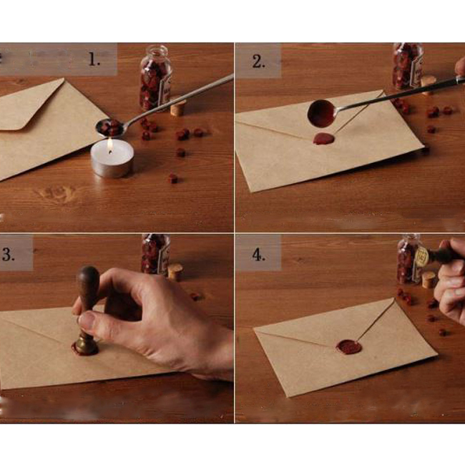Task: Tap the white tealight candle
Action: (112, 159)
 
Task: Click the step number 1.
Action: (94, 59)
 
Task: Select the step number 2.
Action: (258, 62)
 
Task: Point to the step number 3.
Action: (8, 254)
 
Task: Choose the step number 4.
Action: (258, 255)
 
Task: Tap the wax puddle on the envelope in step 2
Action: (323, 139)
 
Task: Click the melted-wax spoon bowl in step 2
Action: (321, 113)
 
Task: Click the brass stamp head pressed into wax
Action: (86, 344)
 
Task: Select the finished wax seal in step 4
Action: (349, 347)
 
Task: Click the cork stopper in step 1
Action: (178, 107)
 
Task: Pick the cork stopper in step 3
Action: (175, 273)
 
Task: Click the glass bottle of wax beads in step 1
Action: (155, 78)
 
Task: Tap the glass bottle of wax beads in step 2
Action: (408, 66)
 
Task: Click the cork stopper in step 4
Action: (429, 280)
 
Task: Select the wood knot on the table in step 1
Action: (56, 192)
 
